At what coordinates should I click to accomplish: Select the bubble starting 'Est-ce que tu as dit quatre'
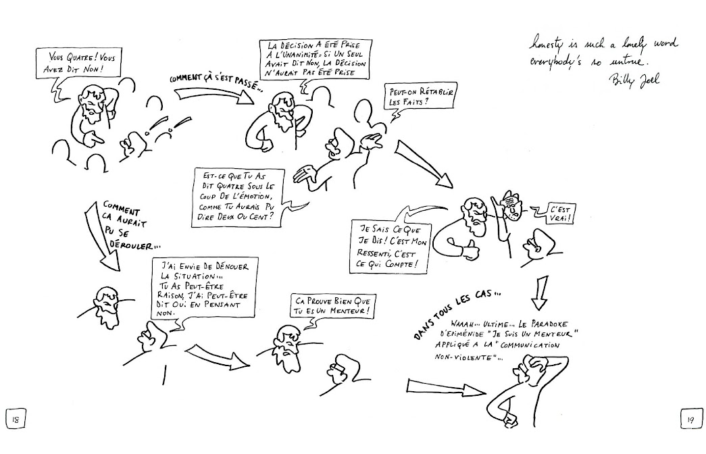pos(234,197)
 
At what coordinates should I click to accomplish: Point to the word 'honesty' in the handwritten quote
pos(548,44)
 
